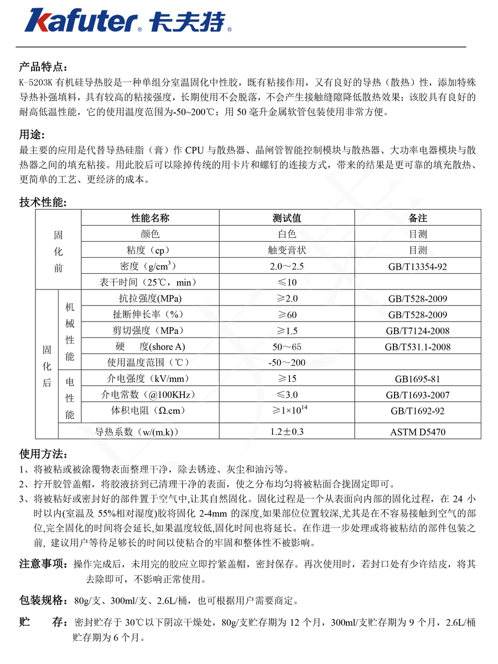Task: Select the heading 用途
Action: click(x=32, y=135)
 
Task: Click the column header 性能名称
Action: click(x=149, y=218)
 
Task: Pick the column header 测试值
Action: click(x=287, y=218)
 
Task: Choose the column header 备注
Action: click(x=418, y=218)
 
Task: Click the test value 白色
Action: click(x=287, y=234)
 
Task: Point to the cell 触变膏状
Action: click(x=287, y=250)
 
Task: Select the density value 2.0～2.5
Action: click(x=287, y=266)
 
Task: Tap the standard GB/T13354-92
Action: click(x=418, y=267)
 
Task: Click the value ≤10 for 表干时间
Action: click(x=287, y=282)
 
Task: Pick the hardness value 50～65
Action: click(x=287, y=347)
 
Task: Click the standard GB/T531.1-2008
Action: click(x=418, y=347)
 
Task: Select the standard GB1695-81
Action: click(x=418, y=379)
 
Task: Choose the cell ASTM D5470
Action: click(x=418, y=432)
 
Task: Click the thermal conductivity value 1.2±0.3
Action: click(x=287, y=432)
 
